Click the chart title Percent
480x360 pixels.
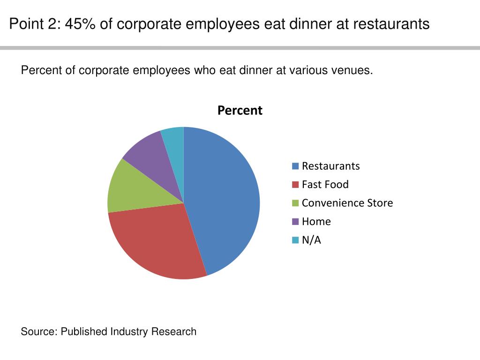[240, 111]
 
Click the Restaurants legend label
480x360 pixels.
[330, 166]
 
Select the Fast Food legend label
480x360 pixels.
[325, 185]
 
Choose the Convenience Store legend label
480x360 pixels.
[347, 203]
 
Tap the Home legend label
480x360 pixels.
[316, 222]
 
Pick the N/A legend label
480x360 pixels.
[311, 240]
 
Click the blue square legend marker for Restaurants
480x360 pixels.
[295, 166]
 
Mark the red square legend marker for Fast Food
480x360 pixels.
[295, 185]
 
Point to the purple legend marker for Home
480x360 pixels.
[295, 222]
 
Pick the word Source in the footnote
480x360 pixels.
[38, 332]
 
